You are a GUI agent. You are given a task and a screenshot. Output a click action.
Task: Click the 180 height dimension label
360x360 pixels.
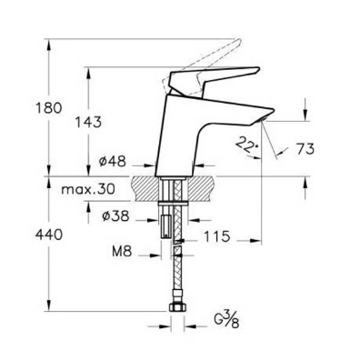(x=49, y=108)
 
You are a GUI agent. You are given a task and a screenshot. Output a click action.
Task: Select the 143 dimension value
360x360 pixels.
(x=88, y=123)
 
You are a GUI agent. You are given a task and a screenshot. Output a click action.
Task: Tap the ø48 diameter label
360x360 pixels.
(x=112, y=161)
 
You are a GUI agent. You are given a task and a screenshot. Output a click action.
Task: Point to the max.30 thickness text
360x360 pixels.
(x=88, y=190)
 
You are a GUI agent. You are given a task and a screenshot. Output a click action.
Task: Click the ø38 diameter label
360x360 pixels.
(x=115, y=216)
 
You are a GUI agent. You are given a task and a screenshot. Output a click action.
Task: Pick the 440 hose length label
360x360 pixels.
(x=49, y=235)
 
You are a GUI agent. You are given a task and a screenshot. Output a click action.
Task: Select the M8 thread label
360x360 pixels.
(x=122, y=251)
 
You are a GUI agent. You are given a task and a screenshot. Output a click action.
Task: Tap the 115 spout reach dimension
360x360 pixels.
(x=216, y=236)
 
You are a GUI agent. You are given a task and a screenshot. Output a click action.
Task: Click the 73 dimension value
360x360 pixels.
(x=305, y=149)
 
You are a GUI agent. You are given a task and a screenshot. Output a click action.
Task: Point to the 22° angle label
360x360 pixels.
(x=246, y=144)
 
